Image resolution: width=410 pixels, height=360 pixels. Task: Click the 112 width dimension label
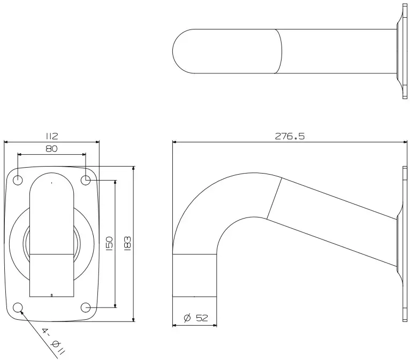[51, 137]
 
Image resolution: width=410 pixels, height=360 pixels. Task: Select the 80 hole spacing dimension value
[51, 149]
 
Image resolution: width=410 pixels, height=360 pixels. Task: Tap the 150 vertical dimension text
[109, 244]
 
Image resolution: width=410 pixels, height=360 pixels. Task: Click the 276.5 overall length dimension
[290, 136]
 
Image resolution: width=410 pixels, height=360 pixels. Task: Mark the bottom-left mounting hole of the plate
[18, 307]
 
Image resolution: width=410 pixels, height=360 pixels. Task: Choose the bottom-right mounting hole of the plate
[86, 307]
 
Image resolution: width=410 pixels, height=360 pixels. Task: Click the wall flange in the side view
[403, 244]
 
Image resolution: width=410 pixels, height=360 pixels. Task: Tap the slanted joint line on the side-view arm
[274, 198]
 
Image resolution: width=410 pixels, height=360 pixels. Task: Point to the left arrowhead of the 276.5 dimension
[174, 142]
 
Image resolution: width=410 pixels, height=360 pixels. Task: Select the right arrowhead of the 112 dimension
[97, 142]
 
